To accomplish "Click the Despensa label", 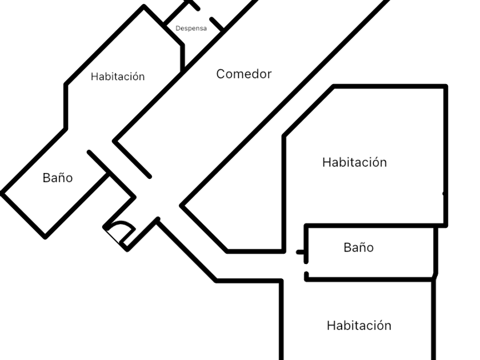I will tap(191, 28).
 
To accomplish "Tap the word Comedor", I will tap(243, 74).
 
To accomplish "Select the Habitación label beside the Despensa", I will tap(118, 77).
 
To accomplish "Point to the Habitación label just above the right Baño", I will tap(354, 162).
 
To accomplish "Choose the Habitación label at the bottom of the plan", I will tap(359, 326).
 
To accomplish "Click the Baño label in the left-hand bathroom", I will tap(58, 178).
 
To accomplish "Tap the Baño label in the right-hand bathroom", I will tap(358, 247).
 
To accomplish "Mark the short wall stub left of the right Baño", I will tap(300, 252).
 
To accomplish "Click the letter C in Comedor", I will tap(221, 74).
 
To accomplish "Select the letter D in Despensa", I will tap(178, 28).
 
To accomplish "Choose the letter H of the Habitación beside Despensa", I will tap(94, 77).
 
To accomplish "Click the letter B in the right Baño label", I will tap(347, 247).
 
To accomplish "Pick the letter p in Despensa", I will tap(189, 29).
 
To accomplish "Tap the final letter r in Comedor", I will tap(269, 74).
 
